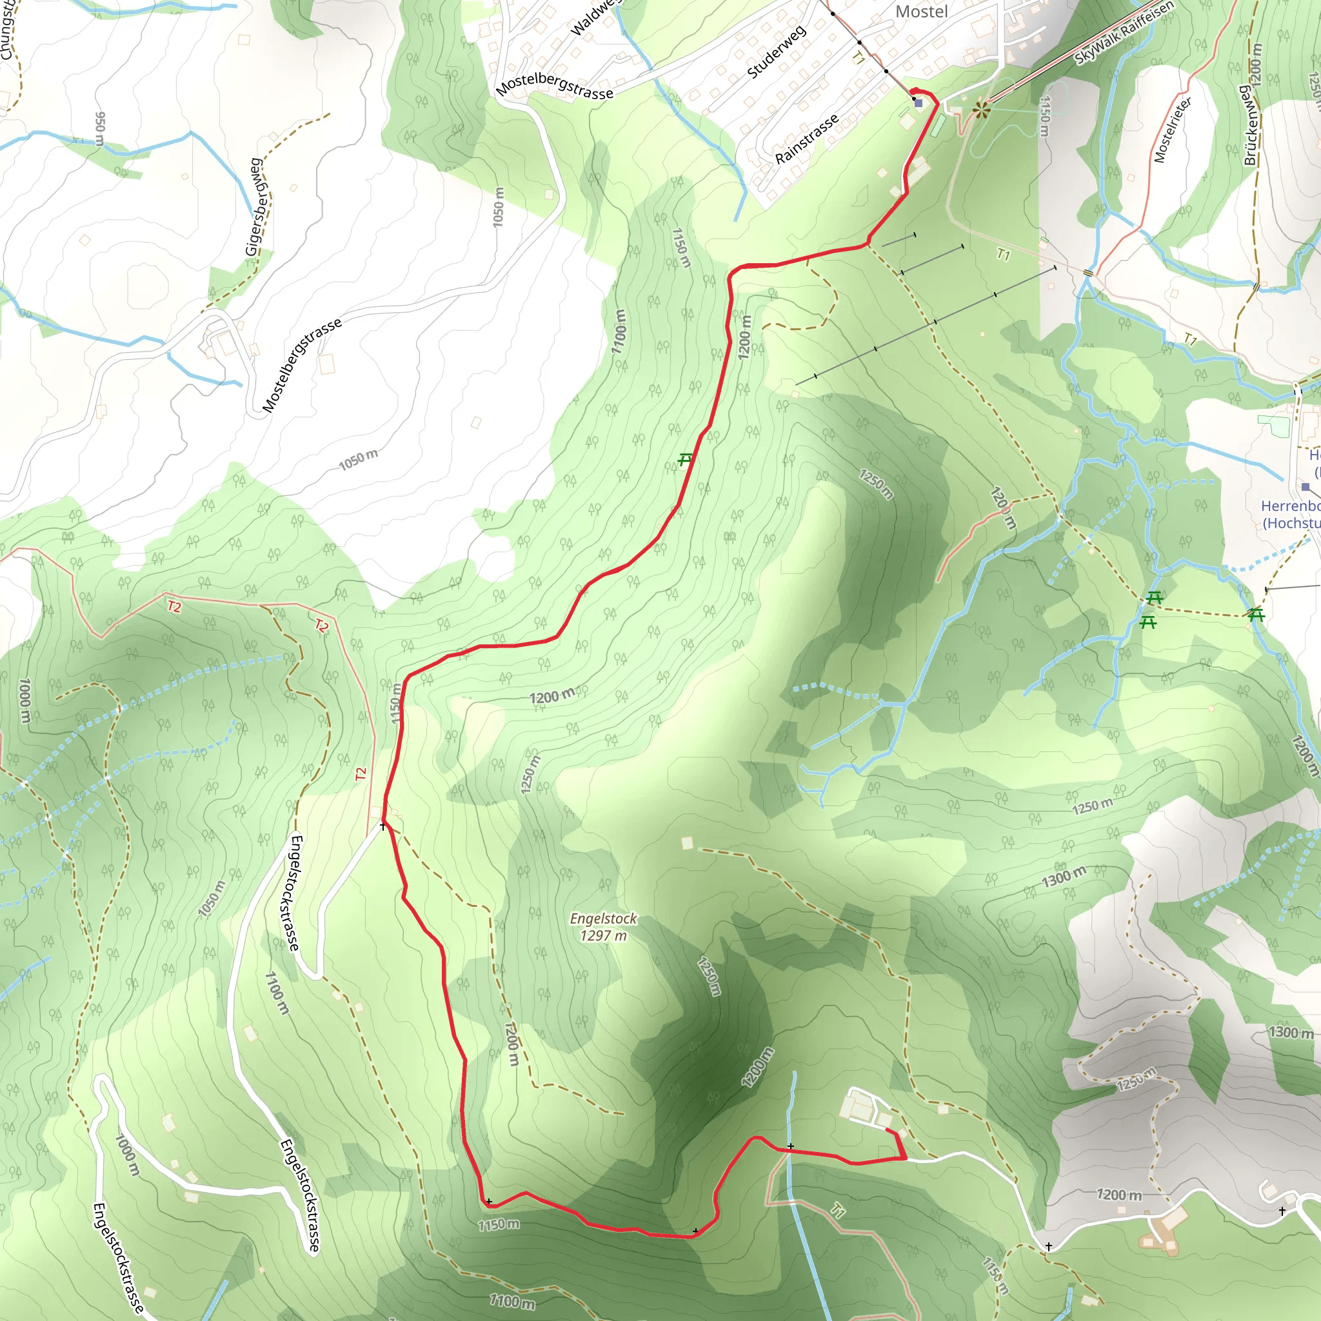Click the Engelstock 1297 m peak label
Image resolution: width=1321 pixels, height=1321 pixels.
pyautogui.click(x=603, y=926)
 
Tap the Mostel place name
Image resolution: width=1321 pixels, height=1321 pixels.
pyautogui.click(x=921, y=12)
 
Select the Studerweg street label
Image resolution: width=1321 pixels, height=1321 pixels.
pyautogui.click(x=776, y=52)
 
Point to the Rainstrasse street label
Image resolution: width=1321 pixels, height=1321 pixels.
pyautogui.click(x=806, y=139)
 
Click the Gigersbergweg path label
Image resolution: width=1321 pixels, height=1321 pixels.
pyautogui.click(x=255, y=206)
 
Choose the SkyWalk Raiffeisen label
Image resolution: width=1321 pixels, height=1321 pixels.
pyautogui.click(x=1123, y=32)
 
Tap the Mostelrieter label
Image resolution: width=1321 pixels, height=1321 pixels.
pyautogui.click(x=1172, y=129)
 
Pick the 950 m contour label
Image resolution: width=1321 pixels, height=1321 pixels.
pyautogui.click(x=101, y=128)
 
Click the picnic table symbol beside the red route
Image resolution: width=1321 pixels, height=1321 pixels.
pyautogui.click(x=685, y=459)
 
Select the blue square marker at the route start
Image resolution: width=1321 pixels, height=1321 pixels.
pyautogui.click(x=919, y=103)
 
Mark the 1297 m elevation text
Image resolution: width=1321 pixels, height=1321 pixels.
pyautogui.click(x=603, y=935)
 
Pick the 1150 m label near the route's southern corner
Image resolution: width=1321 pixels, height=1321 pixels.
pyautogui.click(x=498, y=1224)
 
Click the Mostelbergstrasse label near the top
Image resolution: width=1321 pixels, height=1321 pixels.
pyautogui.click(x=554, y=86)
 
